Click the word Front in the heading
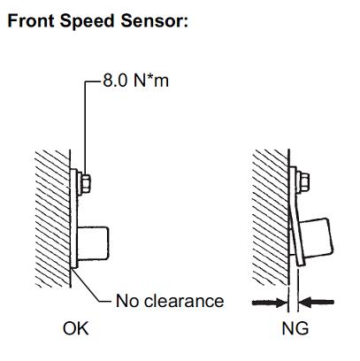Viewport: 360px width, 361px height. click(x=31, y=21)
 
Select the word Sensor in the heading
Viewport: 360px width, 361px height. click(x=151, y=21)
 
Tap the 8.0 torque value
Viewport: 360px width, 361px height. click(x=115, y=81)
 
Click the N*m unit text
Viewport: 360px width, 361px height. click(x=151, y=81)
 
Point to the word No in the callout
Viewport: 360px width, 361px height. click(x=126, y=301)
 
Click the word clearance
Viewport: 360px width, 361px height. click(x=184, y=301)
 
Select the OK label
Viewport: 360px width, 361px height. click(x=75, y=328)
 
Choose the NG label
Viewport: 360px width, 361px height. click(x=295, y=328)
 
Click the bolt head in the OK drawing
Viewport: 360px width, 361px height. click(x=86, y=183)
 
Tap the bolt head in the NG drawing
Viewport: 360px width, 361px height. click(x=304, y=181)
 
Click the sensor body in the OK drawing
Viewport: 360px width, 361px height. click(x=93, y=243)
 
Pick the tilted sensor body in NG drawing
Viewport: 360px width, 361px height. click(x=318, y=239)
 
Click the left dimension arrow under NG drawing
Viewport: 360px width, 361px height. click(x=270, y=303)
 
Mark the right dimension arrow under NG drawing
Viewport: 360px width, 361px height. click(x=316, y=303)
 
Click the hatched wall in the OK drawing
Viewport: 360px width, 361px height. click(x=52, y=219)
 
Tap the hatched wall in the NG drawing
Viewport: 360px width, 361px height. click(x=270, y=218)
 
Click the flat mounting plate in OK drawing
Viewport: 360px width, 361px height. click(x=73, y=219)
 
